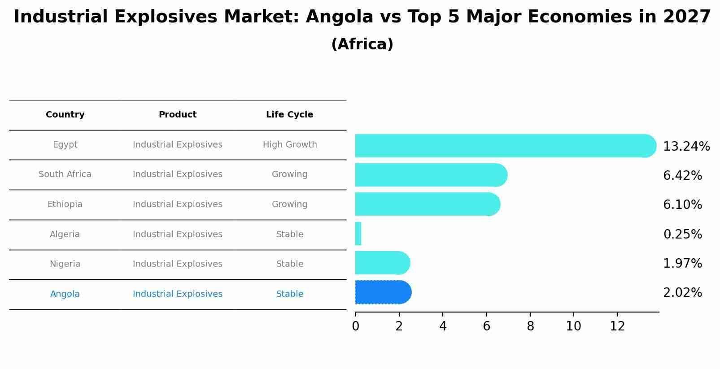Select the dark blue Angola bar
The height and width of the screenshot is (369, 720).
(x=381, y=292)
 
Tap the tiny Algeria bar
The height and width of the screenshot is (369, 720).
(x=358, y=234)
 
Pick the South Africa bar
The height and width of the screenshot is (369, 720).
(x=428, y=175)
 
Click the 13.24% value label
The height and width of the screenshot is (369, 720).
(x=686, y=147)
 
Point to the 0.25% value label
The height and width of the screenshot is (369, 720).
(x=682, y=234)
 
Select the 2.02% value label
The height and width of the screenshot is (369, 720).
(x=682, y=293)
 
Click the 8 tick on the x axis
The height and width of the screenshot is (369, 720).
(x=530, y=326)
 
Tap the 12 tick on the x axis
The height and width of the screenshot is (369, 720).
(x=617, y=326)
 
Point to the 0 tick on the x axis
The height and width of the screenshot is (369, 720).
(x=355, y=326)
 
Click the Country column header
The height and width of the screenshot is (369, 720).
(x=65, y=115)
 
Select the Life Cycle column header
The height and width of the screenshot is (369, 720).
(x=289, y=115)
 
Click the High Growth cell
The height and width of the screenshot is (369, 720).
(x=289, y=145)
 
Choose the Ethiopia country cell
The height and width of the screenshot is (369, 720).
(x=65, y=204)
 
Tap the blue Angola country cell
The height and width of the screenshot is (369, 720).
(x=65, y=294)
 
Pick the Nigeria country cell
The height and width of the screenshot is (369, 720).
(x=65, y=264)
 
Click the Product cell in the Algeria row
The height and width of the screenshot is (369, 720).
(x=177, y=234)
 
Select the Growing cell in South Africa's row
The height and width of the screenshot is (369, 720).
(x=289, y=174)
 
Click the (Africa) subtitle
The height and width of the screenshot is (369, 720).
(x=362, y=44)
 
